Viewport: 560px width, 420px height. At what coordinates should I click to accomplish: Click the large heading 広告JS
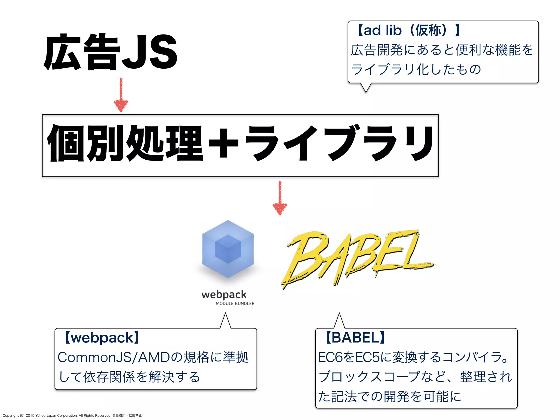tap(110, 52)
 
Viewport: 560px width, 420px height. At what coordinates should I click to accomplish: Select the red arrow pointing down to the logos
tap(280, 198)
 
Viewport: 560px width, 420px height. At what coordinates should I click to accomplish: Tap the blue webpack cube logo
tap(228, 249)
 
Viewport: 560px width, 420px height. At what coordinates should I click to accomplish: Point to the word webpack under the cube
tap(224, 294)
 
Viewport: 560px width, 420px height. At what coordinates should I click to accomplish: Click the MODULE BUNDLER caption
tap(235, 304)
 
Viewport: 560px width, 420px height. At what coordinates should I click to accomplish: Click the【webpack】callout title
tap(102, 338)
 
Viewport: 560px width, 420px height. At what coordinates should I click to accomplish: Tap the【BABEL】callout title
tap(355, 338)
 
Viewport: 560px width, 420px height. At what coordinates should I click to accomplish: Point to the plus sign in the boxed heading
tap(223, 143)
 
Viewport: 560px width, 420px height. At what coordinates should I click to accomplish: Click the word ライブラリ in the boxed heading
tap(339, 143)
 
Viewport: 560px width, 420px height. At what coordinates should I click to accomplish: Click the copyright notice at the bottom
tap(72, 416)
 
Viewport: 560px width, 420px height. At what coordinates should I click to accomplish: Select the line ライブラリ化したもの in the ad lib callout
tap(416, 69)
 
